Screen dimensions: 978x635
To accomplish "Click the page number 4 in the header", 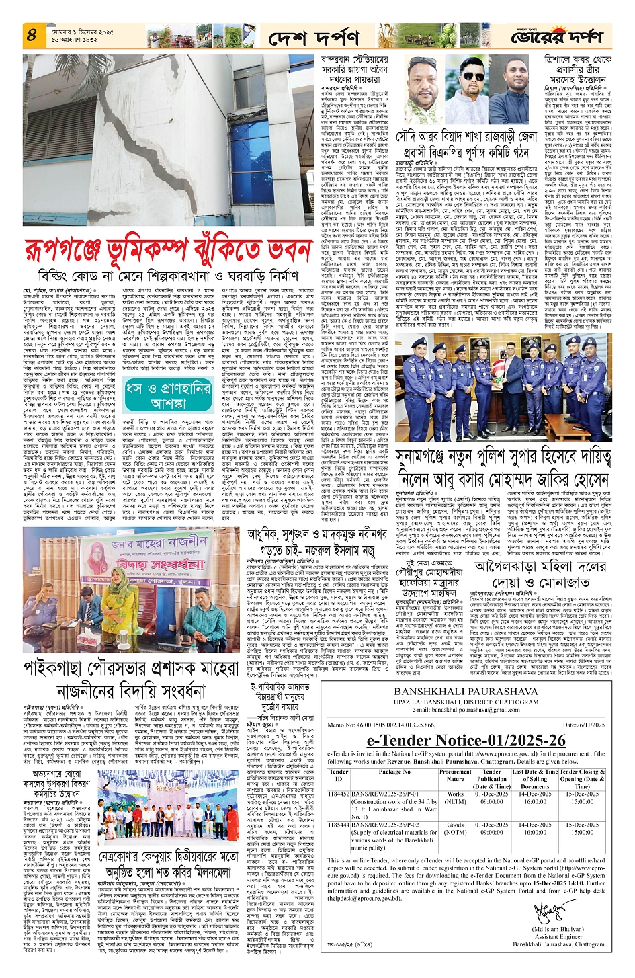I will click(31, 35).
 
